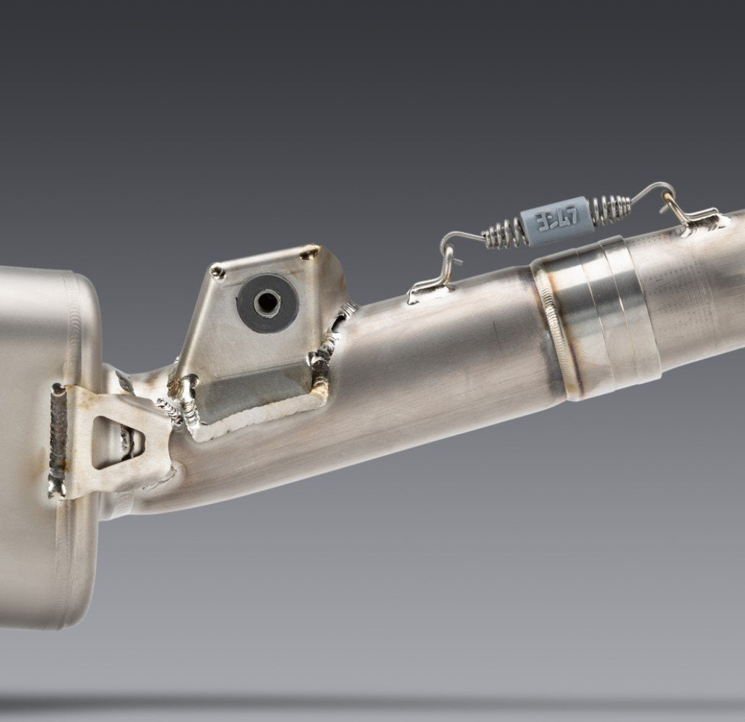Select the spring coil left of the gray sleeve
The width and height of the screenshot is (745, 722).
(x=502, y=232)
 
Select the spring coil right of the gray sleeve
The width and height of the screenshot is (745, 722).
(x=611, y=209)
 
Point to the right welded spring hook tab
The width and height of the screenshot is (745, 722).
(x=694, y=220)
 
